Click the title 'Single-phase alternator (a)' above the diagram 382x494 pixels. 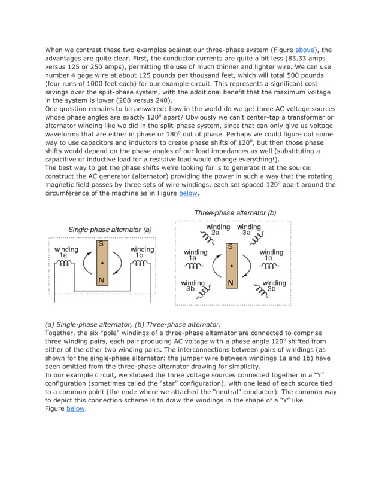(x=110, y=229)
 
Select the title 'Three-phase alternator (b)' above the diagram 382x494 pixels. (x=235, y=212)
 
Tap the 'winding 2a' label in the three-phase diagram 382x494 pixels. (x=218, y=230)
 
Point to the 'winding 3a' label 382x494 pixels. (x=248, y=230)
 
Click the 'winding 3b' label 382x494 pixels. (x=193, y=286)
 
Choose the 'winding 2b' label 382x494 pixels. (x=274, y=286)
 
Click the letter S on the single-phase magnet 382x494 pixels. (x=102, y=244)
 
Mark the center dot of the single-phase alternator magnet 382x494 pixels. (x=102, y=263)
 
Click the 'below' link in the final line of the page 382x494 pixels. (x=75, y=409)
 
